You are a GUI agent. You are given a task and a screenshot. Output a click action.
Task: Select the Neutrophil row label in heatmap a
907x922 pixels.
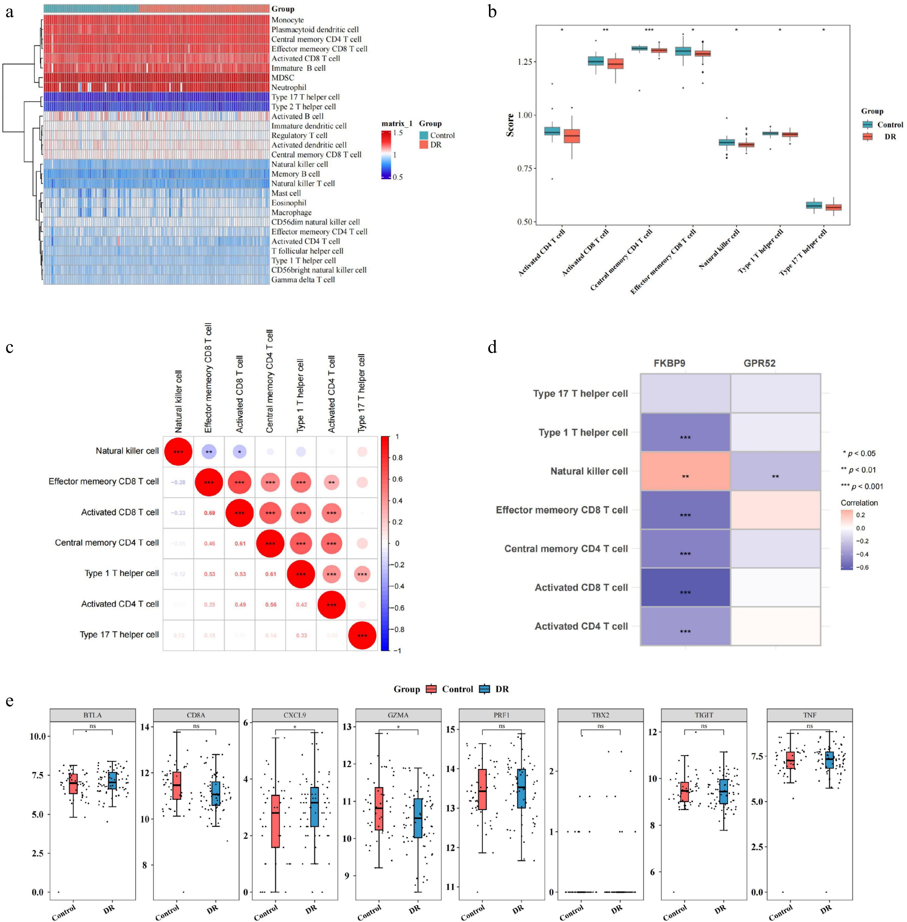289,87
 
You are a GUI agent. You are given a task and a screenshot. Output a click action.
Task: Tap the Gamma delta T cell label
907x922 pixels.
303,280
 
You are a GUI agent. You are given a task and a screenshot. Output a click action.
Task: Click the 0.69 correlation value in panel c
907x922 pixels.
210,513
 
